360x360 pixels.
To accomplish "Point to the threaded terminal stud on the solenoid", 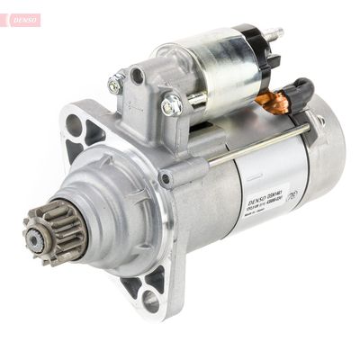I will click(273, 35).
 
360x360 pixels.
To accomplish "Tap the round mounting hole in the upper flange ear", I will click(74, 123).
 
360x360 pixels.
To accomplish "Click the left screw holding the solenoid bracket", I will click(116, 85).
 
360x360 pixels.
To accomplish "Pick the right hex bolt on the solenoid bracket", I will click(171, 104).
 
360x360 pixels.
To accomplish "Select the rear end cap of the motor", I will click(324, 153).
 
